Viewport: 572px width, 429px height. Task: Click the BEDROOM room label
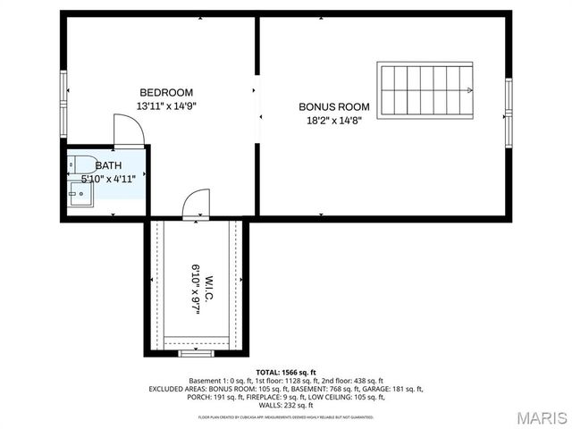pyautogui.click(x=166, y=93)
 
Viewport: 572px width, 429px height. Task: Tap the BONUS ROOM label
pyautogui.click(x=334, y=106)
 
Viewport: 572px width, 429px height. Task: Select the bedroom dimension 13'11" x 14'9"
pyautogui.click(x=166, y=105)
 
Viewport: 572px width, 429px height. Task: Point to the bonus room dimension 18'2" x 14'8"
pyautogui.click(x=334, y=119)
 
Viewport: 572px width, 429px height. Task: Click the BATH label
pyautogui.click(x=108, y=165)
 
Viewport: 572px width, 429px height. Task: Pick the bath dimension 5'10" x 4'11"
pyautogui.click(x=108, y=179)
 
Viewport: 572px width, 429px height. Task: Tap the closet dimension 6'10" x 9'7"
pyautogui.click(x=194, y=287)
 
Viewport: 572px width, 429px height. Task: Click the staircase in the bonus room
pyautogui.click(x=425, y=89)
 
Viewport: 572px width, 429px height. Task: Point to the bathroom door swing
pyautogui.click(x=129, y=130)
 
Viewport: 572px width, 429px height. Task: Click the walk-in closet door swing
pyautogui.click(x=197, y=204)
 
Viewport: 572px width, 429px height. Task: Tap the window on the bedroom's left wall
pyautogui.click(x=63, y=90)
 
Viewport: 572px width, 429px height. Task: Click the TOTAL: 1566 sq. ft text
pyautogui.click(x=286, y=372)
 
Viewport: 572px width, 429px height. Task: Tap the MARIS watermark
pyautogui.click(x=540, y=417)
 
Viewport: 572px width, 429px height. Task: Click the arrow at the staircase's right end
pyautogui.click(x=470, y=89)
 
